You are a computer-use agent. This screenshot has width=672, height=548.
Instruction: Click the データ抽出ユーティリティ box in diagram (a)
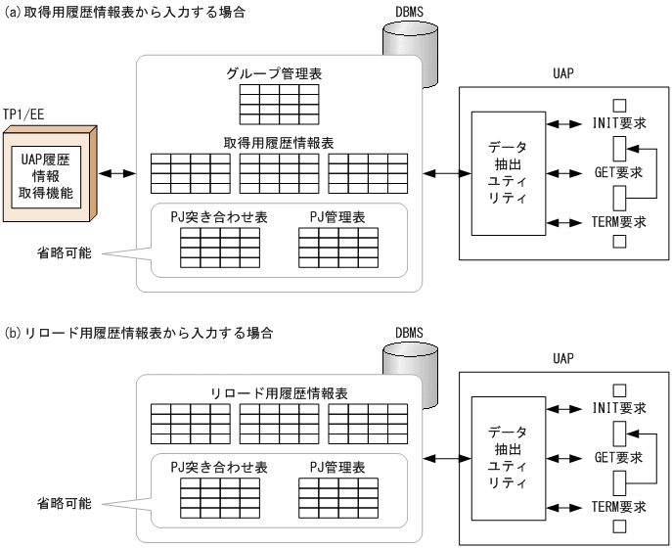coord(506,172)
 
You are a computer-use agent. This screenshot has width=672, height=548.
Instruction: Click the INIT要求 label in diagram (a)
coord(619,124)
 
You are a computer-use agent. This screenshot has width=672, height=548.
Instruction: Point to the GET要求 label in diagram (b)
coord(619,457)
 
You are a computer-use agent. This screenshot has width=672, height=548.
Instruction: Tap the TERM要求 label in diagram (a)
coord(620,221)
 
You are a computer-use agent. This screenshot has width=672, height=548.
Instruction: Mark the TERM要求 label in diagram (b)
coord(620,506)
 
